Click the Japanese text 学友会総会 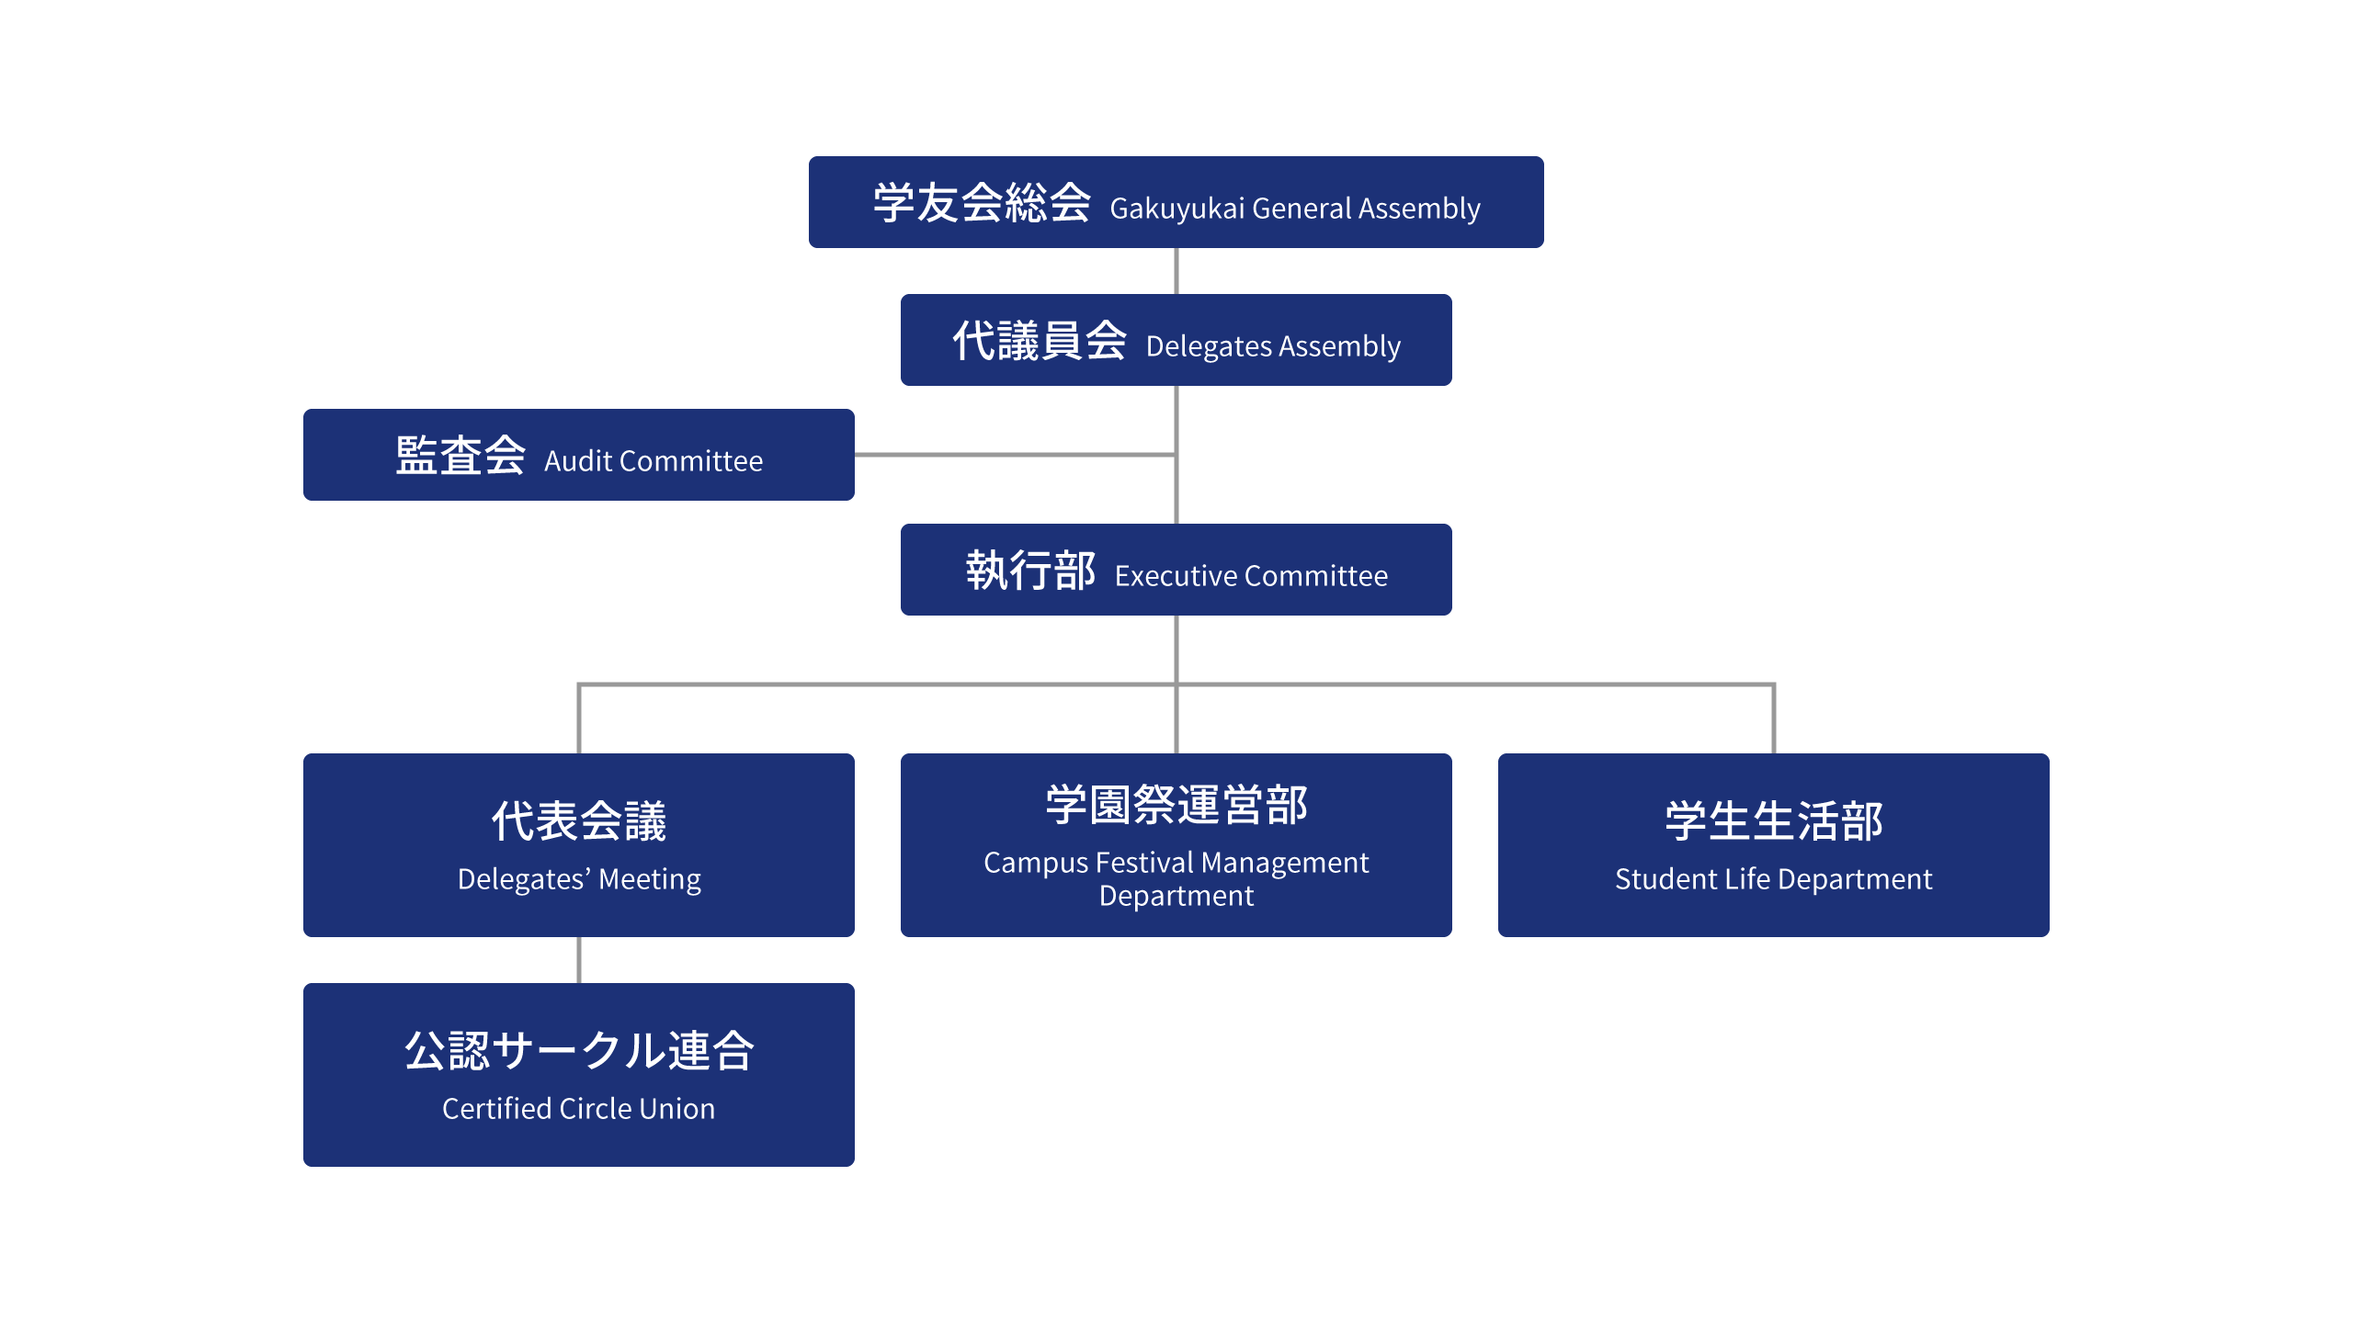982,203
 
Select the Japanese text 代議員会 1039,341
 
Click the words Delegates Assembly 1273,346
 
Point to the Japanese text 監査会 460,456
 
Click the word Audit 578,461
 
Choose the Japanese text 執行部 1030,571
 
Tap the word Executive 1176,576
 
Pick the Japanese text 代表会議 579,820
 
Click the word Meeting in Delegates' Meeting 650,879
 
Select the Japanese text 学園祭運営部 1176,805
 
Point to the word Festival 1144,863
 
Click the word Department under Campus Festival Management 1176,896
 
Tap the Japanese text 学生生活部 1774,820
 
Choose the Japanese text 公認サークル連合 579,1050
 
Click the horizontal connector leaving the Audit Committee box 1011,455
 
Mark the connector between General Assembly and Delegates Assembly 1176,271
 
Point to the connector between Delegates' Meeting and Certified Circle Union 579,960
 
